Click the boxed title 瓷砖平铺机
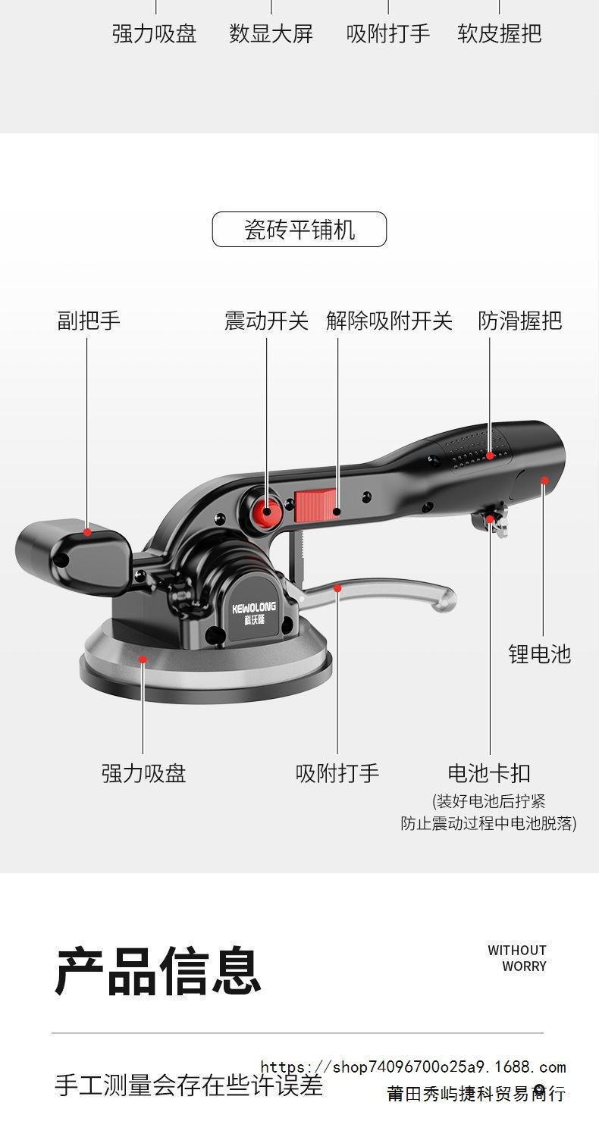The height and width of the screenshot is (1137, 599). pyautogui.click(x=299, y=229)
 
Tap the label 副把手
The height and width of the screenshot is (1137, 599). pyautogui.click(x=89, y=321)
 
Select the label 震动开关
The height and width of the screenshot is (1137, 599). pyautogui.click(x=266, y=321)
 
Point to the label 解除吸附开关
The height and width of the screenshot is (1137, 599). pyautogui.click(x=389, y=321)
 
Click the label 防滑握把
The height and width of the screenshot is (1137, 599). pyautogui.click(x=520, y=321)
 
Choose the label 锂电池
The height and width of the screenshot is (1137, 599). pyautogui.click(x=539, y=654)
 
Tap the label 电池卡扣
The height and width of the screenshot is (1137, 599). pyautogui.click(x=489, y=773)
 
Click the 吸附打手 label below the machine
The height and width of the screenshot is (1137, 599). pyautogui.click(x=337, y=773)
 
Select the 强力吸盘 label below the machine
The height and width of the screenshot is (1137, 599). pyautogui.click(x=143, y=773)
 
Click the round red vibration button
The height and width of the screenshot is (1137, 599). pyautogui.click(x=265, y=509)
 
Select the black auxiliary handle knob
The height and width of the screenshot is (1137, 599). pyautogui.click(x=72, y=548)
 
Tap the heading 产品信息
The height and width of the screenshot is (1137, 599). pyautogui.click(x=158, y=971)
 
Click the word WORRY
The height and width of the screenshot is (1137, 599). pyautogui.click(x=524, y=966)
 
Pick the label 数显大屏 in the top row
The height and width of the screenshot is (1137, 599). pyautogui.click(x=271, y=34)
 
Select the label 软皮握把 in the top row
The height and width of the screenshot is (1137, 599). pyautogui.click(x=499, y=34)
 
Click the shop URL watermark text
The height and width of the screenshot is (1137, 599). pyautogui.click(x=413, y=1067)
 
